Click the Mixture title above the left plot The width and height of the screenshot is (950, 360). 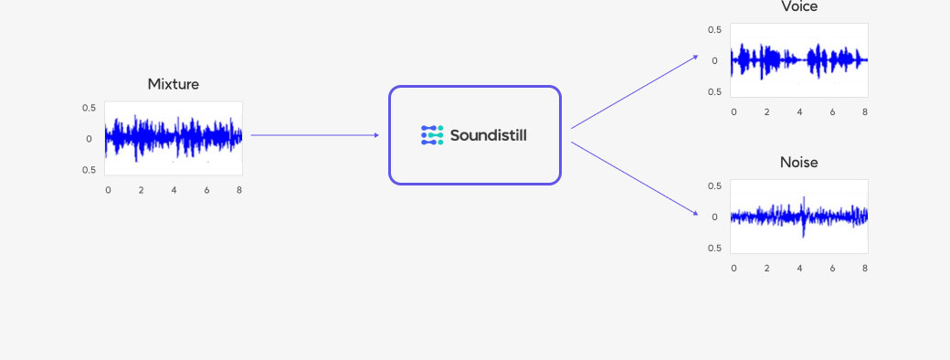pos(173,84)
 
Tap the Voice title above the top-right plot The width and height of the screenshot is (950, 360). pos(799,7)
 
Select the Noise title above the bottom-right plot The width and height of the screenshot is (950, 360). pos(798,163)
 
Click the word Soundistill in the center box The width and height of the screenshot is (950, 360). pos(488,135)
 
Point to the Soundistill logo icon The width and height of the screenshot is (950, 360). pos(431,135)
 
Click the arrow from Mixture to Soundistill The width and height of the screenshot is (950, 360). pos(314,135)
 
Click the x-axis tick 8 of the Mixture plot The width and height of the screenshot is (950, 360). pos(239,190)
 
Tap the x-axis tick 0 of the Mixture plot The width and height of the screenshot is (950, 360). pos(108,190)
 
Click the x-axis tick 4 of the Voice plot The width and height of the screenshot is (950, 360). pos(799,112)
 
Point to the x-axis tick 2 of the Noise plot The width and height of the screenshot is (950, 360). pos(766,269)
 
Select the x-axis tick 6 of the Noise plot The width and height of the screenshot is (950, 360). pos(832,269)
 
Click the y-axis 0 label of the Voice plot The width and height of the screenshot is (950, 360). pos(714,61)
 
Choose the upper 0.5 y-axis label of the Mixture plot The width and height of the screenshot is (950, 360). pos(89,108)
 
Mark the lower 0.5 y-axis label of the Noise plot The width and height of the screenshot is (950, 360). pos(714,249)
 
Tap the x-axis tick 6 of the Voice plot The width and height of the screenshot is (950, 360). pos(832,112)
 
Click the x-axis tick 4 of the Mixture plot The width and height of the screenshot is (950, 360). pos(174,190)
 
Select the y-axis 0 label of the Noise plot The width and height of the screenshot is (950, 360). pos(714,217)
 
